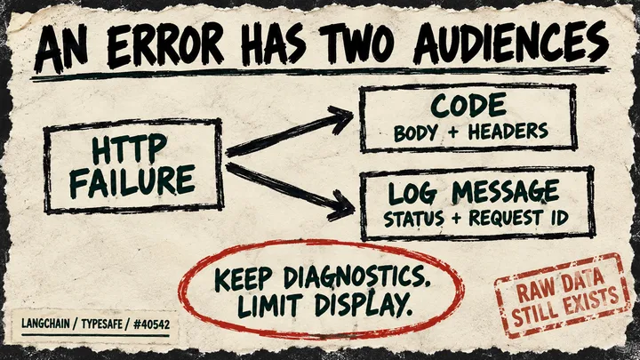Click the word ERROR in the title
pos(165,46)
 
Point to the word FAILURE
pos(132,180)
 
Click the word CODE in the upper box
pos(468,106)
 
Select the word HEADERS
pos(508,132)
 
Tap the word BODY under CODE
pos(415,133)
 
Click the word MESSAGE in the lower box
pos(505,192)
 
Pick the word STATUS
pos(413,219)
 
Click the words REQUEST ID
pos(518,217)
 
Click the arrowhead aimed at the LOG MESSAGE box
pos(342,206)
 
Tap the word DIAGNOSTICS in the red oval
pos(356,277)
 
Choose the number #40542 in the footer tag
pos(151,324)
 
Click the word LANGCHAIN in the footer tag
pos(45,324)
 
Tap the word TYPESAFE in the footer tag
pos(101,324)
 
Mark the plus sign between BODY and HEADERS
pos(452,133)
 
